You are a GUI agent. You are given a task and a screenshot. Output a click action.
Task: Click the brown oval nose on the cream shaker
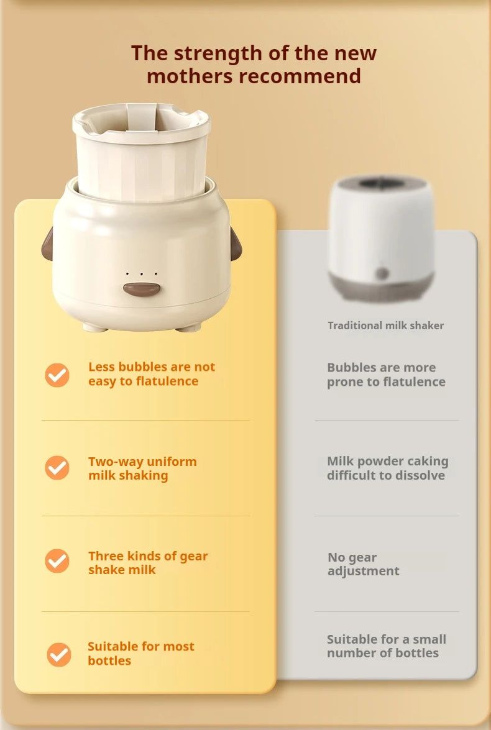click(x=142, y=289)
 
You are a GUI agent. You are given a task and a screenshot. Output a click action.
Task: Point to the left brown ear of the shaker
click(x=47, y=243)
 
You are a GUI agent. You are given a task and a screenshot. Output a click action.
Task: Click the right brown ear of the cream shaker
click(x=236, y=243)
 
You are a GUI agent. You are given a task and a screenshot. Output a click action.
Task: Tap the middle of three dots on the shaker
click(x=142, y=273)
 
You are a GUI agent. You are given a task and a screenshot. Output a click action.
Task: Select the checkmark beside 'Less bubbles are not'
click(x=57, y=375)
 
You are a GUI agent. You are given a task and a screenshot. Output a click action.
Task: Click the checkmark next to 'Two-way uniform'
click(x=57, y=468)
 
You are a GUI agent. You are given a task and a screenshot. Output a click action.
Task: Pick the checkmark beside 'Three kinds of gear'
click(x=57, y=561)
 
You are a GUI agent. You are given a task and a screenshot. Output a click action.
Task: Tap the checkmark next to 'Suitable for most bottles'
click(x=59, y=654)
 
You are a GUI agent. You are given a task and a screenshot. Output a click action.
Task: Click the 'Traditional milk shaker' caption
click(x=385, y=326)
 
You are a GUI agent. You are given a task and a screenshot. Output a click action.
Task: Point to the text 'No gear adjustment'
click(x=363, y=564)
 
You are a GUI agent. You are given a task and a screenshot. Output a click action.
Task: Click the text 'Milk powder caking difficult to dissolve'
click(x=387, y=468)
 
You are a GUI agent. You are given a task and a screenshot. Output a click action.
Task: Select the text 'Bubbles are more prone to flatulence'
click(x=386, y=375)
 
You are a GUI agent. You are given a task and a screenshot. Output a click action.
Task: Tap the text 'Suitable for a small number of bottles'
click(x=386, y=646)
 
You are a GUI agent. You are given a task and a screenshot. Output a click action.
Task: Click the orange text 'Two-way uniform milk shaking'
click(x=142, y=468)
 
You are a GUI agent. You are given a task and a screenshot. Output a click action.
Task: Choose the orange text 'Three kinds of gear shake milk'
click(x=148, y=563)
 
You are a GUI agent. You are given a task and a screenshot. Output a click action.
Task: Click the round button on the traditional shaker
click(x=382, y=273)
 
